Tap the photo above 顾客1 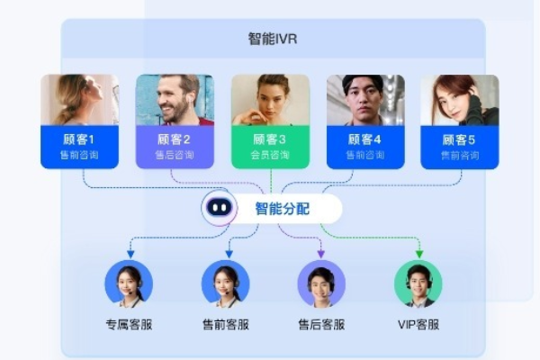tap(79, 99)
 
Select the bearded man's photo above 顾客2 tap(175, 99)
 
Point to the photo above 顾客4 tap(365, 99)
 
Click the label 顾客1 tap(79, 139)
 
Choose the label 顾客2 tap(175, 139)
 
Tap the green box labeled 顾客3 tap(270, 146)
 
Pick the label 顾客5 tap(460, 139)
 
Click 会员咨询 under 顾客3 tap(270, 156)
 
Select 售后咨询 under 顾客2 tap(175, 156)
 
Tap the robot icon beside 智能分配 tap(219, 208)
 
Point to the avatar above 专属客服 tap(129, 283)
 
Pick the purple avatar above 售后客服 tap(321, 283)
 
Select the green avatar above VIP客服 tap(418, 283)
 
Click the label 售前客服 tap(225, 324)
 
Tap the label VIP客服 tap(418, 324)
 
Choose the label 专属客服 tap(129, 324)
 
